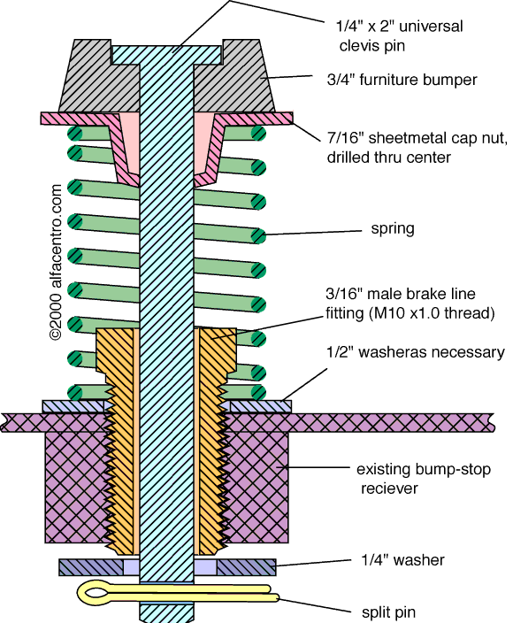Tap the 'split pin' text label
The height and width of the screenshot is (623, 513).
[388, 611]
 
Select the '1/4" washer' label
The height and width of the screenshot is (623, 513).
[402, 560]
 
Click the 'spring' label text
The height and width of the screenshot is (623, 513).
[393, 229]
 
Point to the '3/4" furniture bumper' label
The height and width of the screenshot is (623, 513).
[402, 80]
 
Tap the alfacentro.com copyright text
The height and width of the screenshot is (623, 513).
[56, 262]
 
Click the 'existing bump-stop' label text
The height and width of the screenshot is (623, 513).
[424, 470]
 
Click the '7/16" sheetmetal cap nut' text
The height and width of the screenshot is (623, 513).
[417, 138]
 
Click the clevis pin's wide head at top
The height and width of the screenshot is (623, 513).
[167, 55]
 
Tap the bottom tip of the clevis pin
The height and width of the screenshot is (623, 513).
[167, 620]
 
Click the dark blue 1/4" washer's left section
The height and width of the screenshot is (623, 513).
[91, 567]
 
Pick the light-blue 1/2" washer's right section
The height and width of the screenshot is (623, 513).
[260, 406]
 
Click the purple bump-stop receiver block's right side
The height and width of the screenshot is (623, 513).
[256, 488]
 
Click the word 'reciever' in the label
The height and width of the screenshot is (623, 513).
[389, 488]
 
